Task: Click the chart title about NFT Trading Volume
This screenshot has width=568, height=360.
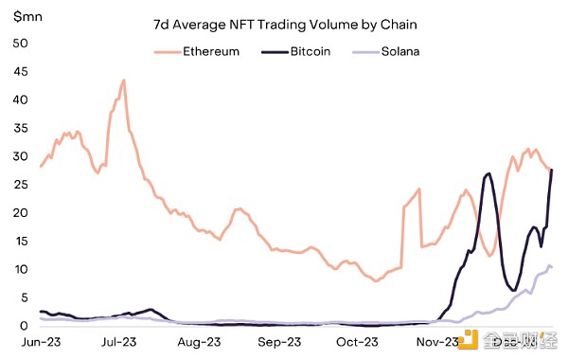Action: pos(285,25)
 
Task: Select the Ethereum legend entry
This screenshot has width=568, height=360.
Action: pos(196,51)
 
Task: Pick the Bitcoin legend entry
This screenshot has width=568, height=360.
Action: pos(295,51)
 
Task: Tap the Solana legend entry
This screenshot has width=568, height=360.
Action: pos(386,51)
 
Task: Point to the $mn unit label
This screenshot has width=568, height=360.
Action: pos(27,17)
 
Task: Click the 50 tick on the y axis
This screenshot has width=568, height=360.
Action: pos(20,44)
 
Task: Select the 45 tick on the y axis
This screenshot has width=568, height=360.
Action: pos(20,71)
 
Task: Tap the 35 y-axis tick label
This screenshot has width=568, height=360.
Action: pos(20,128)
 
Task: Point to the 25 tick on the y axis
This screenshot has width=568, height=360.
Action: pos(20,185)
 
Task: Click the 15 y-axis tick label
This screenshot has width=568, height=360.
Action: pos(20,241)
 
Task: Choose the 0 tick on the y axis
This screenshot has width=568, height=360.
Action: pos(24,326)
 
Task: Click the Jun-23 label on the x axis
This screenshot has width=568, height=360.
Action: pos(41,342)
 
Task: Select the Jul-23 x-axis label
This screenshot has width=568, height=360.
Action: pos(119,342)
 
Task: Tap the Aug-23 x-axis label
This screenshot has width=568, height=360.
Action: pos(199,342)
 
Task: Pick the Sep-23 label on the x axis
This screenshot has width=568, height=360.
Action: pos(279,342)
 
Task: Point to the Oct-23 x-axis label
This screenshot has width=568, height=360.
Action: pos(357,342)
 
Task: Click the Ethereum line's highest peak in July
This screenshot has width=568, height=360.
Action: pos(124,81)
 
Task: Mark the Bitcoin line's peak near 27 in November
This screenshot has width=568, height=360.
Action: pos(488,174)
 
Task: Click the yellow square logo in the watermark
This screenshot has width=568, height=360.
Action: pos(468,340)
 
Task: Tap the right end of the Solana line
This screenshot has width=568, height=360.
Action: pos(552,267)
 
